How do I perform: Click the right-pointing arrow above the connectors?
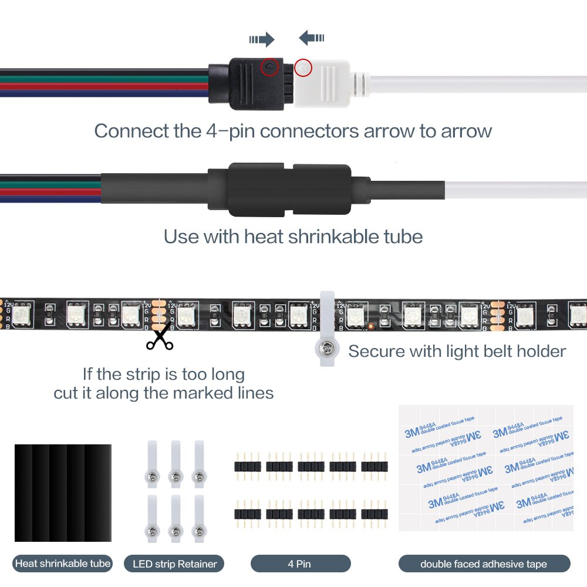[x=262, y=39]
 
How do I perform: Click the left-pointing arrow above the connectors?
[x=311, y=38]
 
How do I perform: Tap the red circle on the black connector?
[x=270, y=68]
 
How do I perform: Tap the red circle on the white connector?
[x=303, y=68]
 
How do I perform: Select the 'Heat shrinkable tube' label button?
[x=63, y=564]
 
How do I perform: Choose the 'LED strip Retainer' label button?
[x=174, y=564]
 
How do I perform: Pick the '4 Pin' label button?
[x=300, y=564]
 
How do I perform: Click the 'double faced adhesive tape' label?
[x=484, y=564]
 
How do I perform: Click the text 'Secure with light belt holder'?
[x=457, y=351]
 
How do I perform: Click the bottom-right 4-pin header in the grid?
[x=374, y=514]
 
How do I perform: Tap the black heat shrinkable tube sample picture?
[x=63, y=492]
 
